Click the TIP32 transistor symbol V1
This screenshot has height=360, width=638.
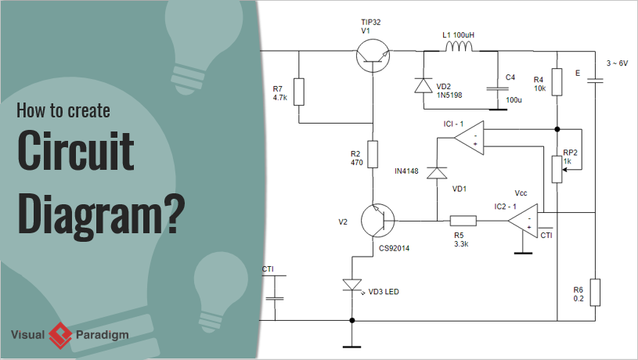point(373,53)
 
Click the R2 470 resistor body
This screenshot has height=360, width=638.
point(373,153)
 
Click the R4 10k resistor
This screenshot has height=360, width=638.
point(557,81)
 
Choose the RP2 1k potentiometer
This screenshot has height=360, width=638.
point(557,168)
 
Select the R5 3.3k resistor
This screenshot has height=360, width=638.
point(463,221)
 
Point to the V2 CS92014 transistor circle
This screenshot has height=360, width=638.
point(380,221)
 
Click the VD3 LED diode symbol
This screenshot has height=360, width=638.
point(353,286)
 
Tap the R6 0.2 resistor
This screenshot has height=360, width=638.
point(594,291)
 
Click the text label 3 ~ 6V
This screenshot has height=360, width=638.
point(617,63)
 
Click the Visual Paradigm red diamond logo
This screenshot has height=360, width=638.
point(60,336)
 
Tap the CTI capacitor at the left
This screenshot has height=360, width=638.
point(275,297)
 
